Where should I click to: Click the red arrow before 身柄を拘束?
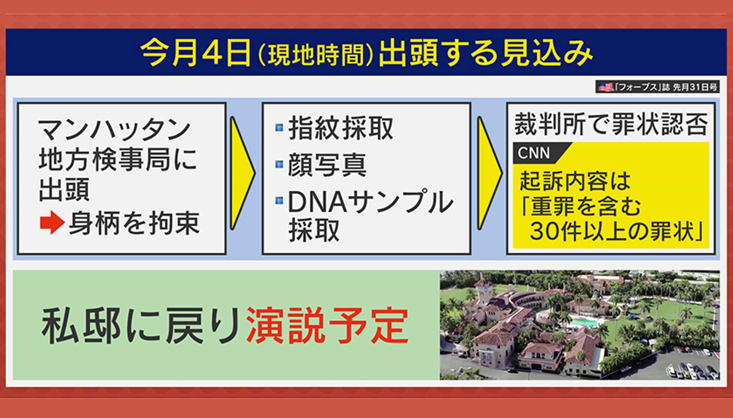tap(52, 222)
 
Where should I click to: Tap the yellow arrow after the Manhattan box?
tap(242, 173)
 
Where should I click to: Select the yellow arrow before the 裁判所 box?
tap(490, 173)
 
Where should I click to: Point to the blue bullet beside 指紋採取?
tap(279, 128)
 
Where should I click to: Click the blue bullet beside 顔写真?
tap(279, 164)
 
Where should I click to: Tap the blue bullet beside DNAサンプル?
tap(279, 201)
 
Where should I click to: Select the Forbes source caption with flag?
tap(657, 87)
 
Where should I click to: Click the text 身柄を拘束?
tap(135, 223)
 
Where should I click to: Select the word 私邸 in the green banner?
tap(81, 326)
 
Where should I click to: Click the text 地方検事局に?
tap(118, 160)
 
